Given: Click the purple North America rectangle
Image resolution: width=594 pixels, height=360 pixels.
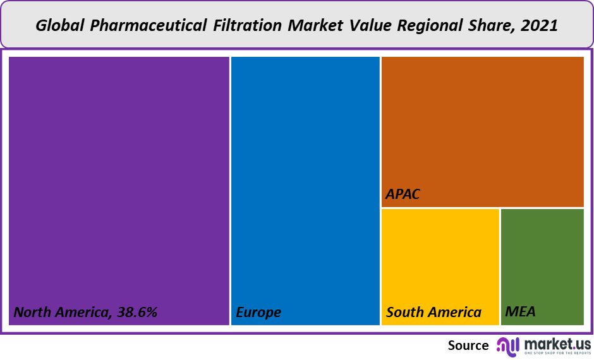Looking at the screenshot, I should [119, 183].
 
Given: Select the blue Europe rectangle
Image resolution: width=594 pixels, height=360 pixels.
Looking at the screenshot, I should [305, 183].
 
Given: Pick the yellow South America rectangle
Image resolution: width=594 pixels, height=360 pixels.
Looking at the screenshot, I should [440, 259].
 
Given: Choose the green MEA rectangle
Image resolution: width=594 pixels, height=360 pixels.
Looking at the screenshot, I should [542, 259].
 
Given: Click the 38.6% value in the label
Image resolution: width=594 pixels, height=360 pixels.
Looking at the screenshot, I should [136, 312].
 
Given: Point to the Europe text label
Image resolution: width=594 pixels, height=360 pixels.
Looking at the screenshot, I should [258, 312].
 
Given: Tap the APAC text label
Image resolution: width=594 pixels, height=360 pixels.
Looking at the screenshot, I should [403, 194].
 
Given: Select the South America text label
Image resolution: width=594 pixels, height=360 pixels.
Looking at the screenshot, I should [433, 312].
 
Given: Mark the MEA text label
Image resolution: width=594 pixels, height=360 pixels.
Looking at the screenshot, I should [520, 312].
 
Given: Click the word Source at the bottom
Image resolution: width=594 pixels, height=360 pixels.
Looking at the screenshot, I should [468, 345].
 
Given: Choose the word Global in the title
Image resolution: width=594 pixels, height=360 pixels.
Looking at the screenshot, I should [59, 26].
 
